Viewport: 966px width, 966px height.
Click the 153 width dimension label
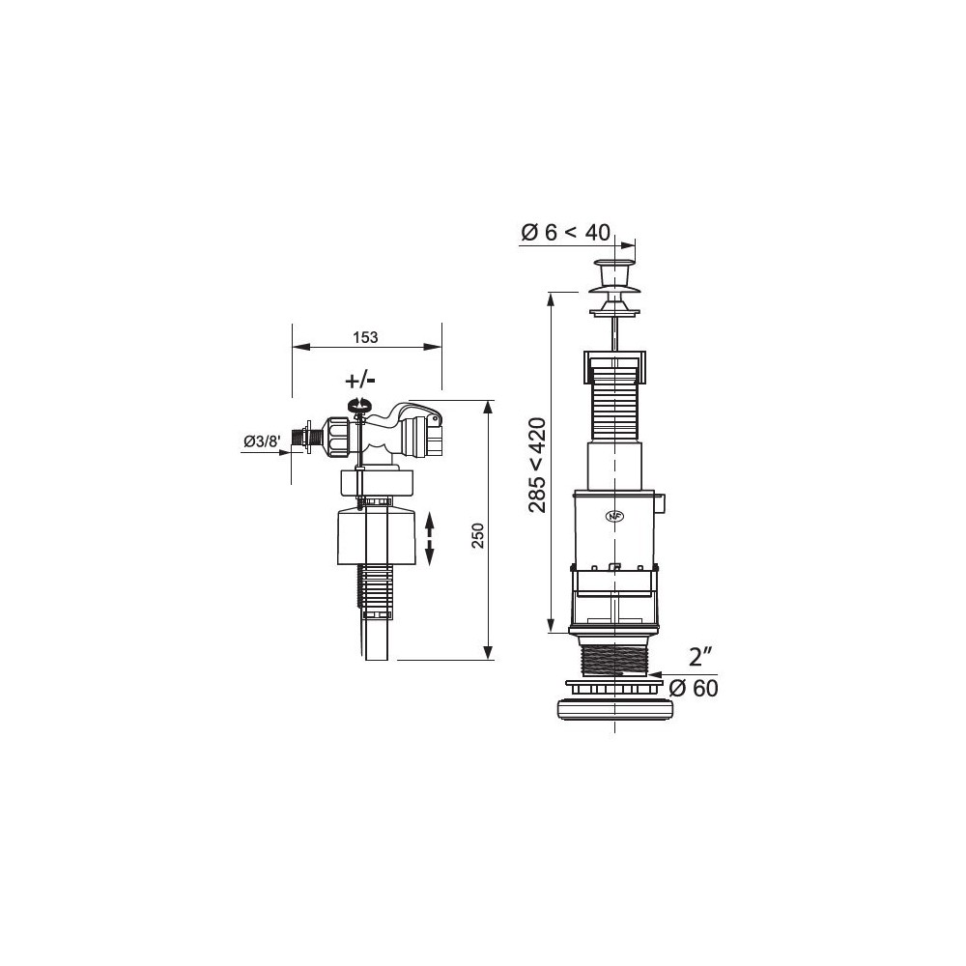365,337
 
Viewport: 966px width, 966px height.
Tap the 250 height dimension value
479,536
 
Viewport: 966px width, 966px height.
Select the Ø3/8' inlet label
263,441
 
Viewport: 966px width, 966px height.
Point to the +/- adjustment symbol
360,380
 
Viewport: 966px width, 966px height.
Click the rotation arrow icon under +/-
358,404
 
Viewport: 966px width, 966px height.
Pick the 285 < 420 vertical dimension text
537,465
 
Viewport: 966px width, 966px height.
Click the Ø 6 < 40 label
565,232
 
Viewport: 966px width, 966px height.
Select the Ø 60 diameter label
693,688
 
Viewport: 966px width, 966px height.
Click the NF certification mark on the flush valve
614,516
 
